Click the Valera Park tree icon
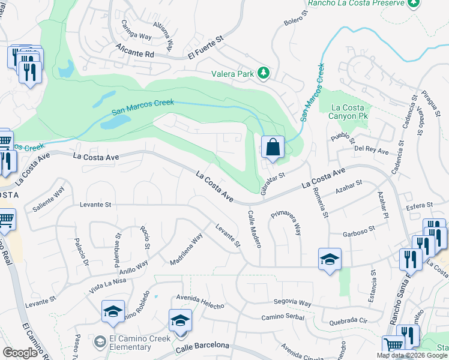point(263,73)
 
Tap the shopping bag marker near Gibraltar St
point(273,146)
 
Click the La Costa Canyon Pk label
point(351,112)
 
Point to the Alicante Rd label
point(135,53)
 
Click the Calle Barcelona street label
point(202,346)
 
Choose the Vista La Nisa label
point(107,283)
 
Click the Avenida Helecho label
point(200,302)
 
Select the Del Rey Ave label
point(372,150)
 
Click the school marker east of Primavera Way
point(330,259)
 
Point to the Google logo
point(20,352)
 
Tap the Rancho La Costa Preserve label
point(356,4)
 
